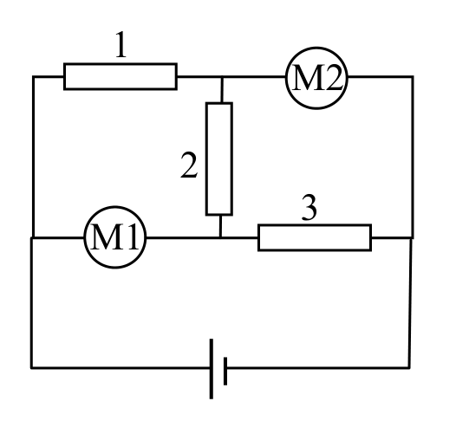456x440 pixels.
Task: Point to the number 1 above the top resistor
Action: pos(121,44)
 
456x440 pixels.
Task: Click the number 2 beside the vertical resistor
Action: pos(189,165)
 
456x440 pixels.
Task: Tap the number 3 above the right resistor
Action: pos(309,208)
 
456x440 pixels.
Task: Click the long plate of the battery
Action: pos(212,368)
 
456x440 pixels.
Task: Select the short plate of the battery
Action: pos(225,371)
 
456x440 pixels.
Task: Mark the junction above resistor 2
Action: pos(222,77)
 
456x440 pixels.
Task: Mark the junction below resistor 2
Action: pos(220,237)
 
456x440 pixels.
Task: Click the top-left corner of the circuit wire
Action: pos(34,77)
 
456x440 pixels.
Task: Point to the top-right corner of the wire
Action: pos(413,77)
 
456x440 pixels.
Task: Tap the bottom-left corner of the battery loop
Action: pos(32,368)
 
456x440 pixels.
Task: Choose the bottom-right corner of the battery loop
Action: pos(409,368)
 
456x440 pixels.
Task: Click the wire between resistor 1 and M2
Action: pos(231,77)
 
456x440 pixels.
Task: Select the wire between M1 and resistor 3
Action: pos(202,237)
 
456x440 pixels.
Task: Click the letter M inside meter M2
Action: pos(306,78)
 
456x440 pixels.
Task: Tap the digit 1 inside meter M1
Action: pos(131,236)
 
